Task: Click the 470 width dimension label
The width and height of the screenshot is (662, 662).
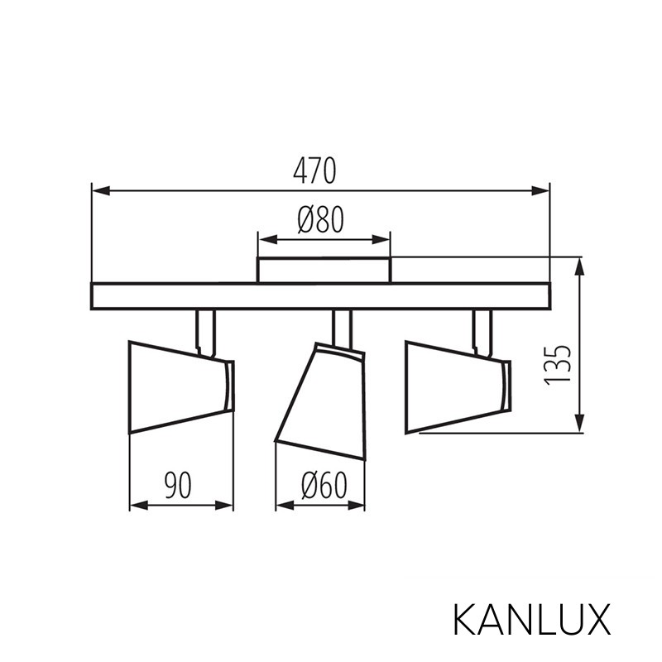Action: [x=314, y=170]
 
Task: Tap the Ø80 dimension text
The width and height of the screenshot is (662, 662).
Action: [x=319, y=220]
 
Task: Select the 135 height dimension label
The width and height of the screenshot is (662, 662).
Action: [x=560, y=364]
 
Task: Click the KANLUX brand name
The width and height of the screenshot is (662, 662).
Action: [x=532, y=619]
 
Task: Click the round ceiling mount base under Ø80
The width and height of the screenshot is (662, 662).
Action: [x=324, y=271]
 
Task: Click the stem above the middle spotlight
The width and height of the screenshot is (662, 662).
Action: [x=342, y=328]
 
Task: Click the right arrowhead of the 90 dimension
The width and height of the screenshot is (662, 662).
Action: [x=226, y=505]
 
